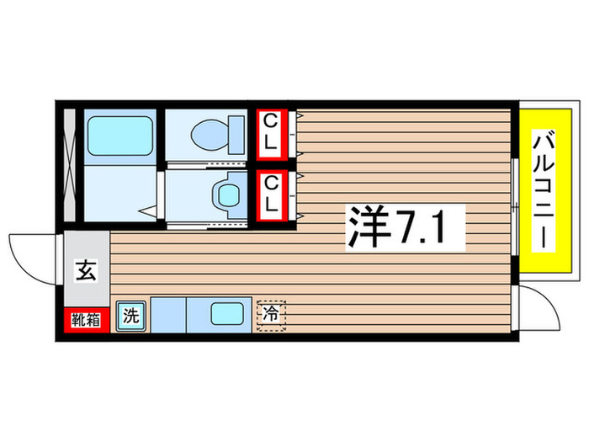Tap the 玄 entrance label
point(86,271)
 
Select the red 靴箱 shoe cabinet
point(85,319)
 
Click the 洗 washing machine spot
point(130,317)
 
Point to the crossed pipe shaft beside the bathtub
point(71,165)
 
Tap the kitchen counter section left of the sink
point(168,317)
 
